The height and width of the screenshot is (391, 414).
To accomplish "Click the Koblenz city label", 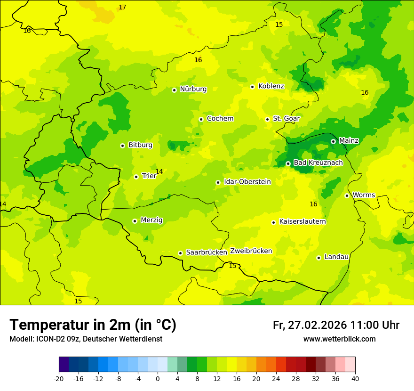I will (x=271, y=86).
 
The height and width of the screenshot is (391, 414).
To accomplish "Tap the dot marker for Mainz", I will (x=333, y=141).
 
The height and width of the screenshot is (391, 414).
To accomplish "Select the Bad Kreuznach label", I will (x=318, y=163).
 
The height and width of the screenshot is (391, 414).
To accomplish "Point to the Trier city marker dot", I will (x=136, y=177).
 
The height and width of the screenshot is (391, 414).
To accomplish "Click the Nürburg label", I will (x=193, y=89).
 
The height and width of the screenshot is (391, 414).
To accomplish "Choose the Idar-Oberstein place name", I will (x=247, y=182).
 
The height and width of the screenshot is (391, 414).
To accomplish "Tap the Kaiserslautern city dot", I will (x=273, y=222).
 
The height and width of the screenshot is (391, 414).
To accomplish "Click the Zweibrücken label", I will (x=251, y=251).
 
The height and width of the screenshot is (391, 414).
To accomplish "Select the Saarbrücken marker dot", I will (x=180, y=253).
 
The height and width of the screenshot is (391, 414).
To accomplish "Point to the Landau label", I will (x=336, y=257).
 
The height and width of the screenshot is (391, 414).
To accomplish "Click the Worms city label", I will (x=364, y=195).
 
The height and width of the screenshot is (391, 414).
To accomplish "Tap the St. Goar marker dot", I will (x=267, y=119).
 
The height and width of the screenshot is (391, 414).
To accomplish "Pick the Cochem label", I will (x=220, y=119).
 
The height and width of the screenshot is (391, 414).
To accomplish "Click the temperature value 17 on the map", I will (x=122, y=7).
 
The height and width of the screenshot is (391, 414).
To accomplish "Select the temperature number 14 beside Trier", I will (x=159, y=171).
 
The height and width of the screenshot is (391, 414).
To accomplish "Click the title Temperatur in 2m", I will (x=93, y=325).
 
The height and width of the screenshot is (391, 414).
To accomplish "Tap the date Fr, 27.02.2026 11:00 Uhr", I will (x=336, y=325).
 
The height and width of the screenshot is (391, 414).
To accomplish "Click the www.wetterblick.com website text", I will (x=339, y=339).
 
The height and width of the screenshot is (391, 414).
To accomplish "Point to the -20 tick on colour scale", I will (x=59, y=378).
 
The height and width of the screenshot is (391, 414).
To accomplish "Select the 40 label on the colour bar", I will (x=355, y=378).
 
